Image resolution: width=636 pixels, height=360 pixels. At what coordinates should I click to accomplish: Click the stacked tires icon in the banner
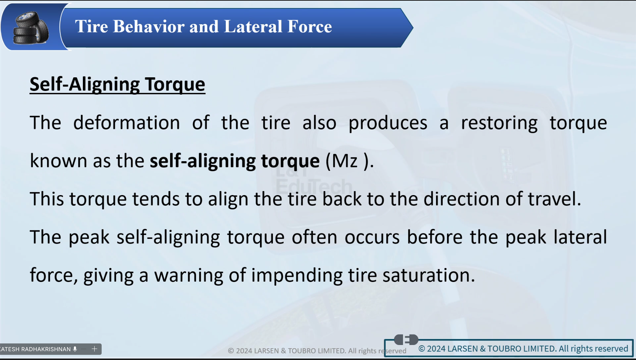(x=31, y=28)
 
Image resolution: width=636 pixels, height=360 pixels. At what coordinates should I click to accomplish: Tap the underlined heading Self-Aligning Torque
(x=117, y=85)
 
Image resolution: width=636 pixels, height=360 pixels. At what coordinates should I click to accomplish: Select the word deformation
(x=126, y=123)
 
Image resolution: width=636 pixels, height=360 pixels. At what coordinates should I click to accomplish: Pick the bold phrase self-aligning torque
(x=235, y=161)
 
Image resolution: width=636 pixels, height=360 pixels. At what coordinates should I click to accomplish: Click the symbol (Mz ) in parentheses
(x=349, y=161)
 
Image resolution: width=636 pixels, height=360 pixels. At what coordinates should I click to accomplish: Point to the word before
(x=435, y=237)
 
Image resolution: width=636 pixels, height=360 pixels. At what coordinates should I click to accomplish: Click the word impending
(x=297, y=276)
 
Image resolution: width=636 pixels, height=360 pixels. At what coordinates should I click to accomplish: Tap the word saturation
(x=429, y=275)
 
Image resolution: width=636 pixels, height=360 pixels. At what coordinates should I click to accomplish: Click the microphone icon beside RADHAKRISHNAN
(x=75, y=349)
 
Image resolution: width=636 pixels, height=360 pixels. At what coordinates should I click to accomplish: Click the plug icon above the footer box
(x=406, y=339)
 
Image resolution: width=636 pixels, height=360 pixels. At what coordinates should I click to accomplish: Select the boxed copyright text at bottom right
(x=523, y=349)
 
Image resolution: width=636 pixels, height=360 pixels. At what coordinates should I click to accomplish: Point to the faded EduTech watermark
(x=314, y=186)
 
